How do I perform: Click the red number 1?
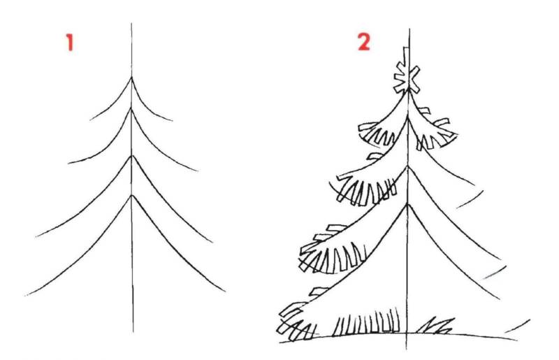pyautogui.click(x=70, y=43)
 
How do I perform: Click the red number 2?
pyautogui.click(x=363, y=42)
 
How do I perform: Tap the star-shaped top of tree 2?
pyautogui.click(x=407, y=78)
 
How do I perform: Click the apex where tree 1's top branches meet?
pyautogui.click(x=131, y=77)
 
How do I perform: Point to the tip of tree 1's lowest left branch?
pyautogui.click(x=25, y=296)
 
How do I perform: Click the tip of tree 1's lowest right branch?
pyautogui.click(x=225, y=291)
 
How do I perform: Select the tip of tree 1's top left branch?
pyautogui.click(x=90, y=120)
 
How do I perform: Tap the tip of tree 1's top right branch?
pyautogui.click(x=173, y=121)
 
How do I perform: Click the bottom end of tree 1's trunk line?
pyautogui.click(x=133, y=332)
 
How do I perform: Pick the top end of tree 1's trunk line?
pyautogui.click(x=131, y=24)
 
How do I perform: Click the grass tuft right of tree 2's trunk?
pyautogui.click(x=435, y=325)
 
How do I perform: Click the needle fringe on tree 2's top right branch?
pyautogui.click(x=435, y=134)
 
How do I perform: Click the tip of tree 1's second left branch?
pyautogui.click(x=68, y=164)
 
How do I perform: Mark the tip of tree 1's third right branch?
pyautogui.click(x=212, y=243)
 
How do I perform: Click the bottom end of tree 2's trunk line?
pyautogui.click(x=407, y=350)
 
